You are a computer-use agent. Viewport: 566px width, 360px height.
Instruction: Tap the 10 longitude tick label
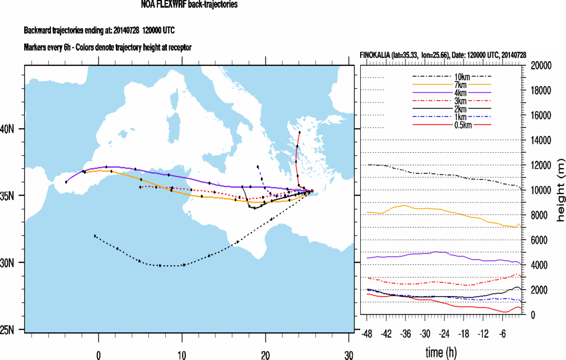pyautogui.click(x=182, y=354)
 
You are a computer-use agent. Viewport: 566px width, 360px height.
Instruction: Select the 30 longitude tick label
pyautogui.click(x=348, y=354)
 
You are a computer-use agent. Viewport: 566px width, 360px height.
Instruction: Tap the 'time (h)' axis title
pyautogui.click(x=442, y=352)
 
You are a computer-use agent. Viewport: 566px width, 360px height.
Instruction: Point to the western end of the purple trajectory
pyautogui.click(x=66, y=182)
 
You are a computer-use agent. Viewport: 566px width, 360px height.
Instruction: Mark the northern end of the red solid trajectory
pyautogui.click(x=299, y=132)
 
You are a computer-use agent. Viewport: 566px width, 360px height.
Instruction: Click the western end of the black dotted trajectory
pyautogui.click(x=95, y=236)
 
